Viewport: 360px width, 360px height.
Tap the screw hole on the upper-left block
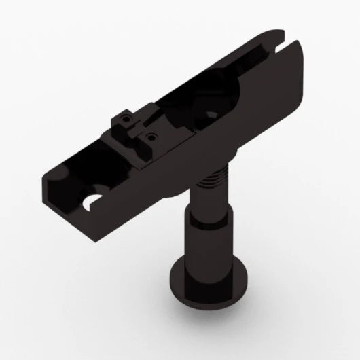coord(125,120)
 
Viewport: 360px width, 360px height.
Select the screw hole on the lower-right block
coord(154,136)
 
